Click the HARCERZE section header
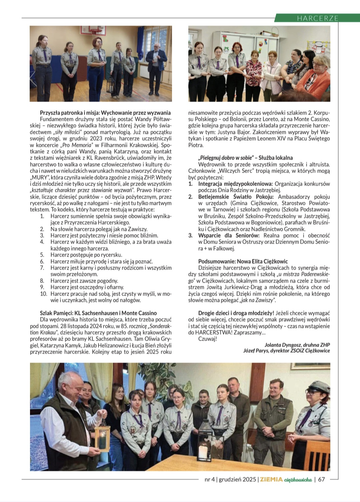[317, 18]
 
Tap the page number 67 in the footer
[321, 479]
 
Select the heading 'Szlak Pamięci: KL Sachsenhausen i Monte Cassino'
[98, 313]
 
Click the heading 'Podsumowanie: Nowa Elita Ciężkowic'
[243, 261]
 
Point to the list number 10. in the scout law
[44, 294]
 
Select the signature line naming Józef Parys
[286, 351]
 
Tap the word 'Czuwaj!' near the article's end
[207, 339]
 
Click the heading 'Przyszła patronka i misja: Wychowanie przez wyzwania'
[105, 113]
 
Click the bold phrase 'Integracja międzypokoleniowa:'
[235, 184]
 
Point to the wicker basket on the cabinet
[274, 33]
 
